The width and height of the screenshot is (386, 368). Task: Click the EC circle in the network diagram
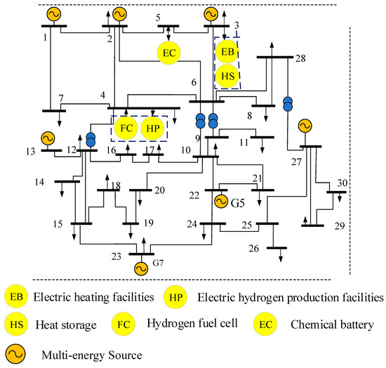[x=168, y=53]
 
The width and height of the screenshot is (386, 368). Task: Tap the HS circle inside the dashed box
[x=226, y=75]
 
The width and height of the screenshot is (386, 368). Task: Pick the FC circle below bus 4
[x=127, y=129]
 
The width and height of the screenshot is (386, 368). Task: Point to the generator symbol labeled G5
[x=221, y=202]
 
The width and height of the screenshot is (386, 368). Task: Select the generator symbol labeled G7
[x=140, y=268]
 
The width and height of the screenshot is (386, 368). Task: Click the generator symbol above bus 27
[x=304, y=126]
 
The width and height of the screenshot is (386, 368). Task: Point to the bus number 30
[x=341, y=183]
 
